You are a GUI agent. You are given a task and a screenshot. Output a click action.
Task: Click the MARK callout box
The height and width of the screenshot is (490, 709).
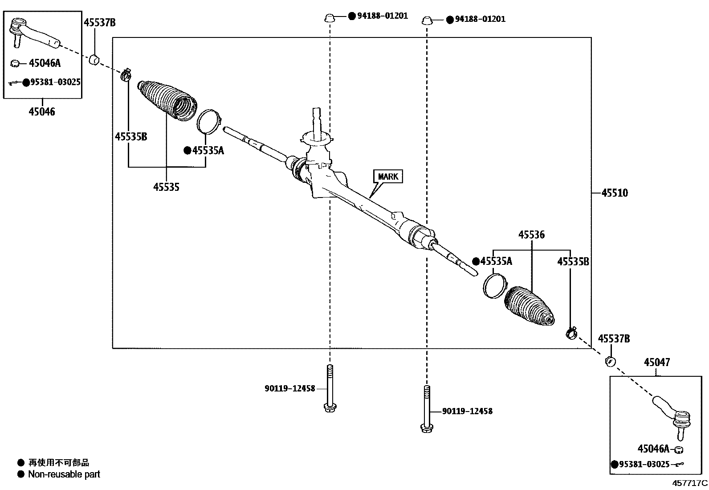pyautogui.click(x=387, y=177)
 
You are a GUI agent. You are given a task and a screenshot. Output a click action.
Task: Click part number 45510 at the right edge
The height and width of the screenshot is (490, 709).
pyautogui.click(x=615, y=193)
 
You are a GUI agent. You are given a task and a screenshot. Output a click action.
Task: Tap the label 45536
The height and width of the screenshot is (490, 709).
pyautogui.click(x=531, y=235)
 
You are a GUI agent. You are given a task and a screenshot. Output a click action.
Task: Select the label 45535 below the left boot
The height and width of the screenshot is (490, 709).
pyautogui.click(x=166, y=187)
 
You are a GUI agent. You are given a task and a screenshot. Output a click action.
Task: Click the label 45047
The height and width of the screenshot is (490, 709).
pyautogui.click(x=656, y=362)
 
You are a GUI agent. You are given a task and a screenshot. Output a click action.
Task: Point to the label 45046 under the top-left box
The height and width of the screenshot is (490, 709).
pyautogui.click(x=42, y=112)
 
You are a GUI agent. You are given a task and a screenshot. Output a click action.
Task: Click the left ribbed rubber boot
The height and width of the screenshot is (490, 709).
pyautogui.click(x=167, y=100)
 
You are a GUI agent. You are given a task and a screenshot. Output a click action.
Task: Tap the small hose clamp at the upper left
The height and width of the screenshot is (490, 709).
pyautogui.click(x=126, y=74)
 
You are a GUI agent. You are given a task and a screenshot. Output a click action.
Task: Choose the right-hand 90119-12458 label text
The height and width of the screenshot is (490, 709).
pyautogui.click(x=467, y=411)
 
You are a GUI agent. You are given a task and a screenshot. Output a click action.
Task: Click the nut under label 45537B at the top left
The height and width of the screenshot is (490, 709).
pyautogui.click(x=94, y=59)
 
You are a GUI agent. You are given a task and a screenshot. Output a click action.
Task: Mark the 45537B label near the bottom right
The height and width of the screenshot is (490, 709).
pyautogui.click(x=614, y=339)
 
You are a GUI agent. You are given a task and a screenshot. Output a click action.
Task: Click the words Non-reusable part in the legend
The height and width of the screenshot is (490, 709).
pyautogui.click(x=64, y=474)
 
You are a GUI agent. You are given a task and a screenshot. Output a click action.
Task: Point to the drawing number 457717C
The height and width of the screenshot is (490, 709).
pyautogui.click(x=690, y=483)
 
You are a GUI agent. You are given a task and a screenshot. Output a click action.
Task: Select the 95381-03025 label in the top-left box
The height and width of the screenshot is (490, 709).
pyautogui.click(x=55, y=82)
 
